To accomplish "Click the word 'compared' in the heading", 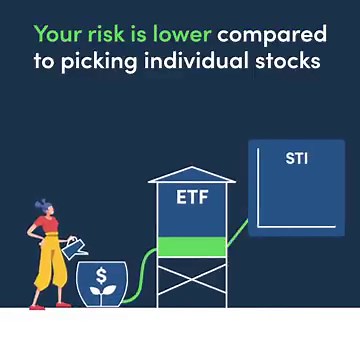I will click(x=273, y=35).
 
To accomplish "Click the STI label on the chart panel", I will click(x=297, y=159).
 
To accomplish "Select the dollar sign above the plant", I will click(x=101, y=275).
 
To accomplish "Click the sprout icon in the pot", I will click(x=101, y=293).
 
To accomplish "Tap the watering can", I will click(x=74, y=244).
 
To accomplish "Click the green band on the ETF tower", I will click(x=192, y=245).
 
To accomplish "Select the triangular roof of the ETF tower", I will click(x=192, y=174).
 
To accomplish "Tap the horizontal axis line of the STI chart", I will click(x=296, y=226).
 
